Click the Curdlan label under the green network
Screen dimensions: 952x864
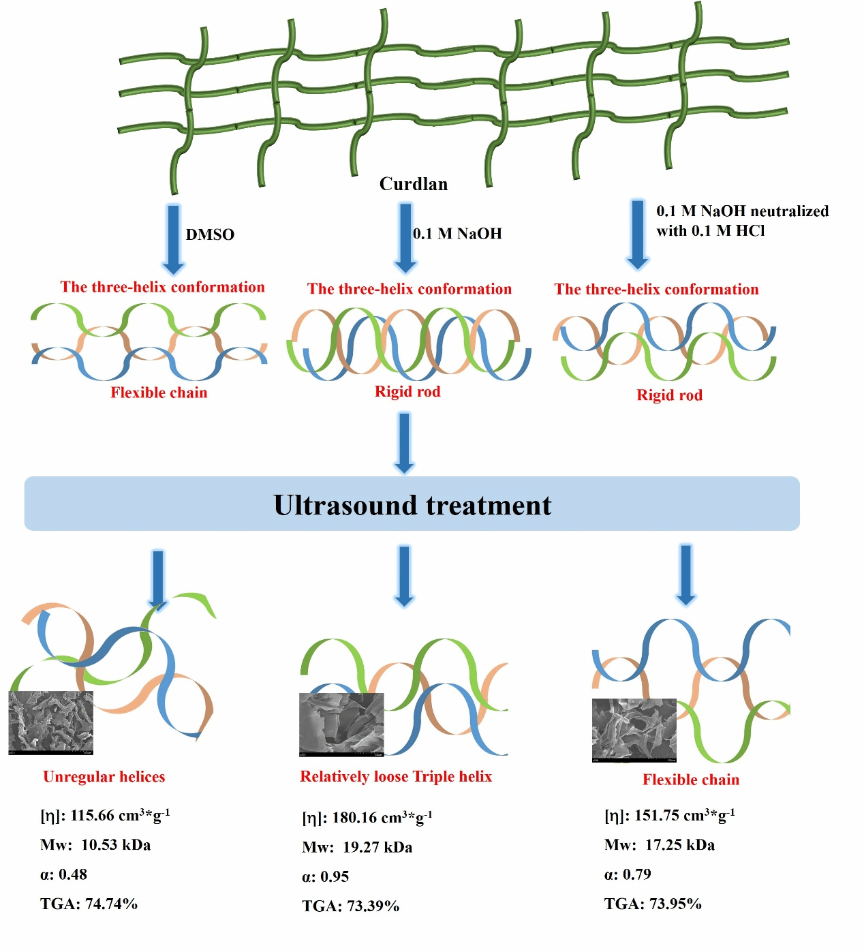[x=413, y=184]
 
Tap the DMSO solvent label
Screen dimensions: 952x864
[x=210, y=234]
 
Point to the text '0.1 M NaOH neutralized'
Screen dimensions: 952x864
[x=742, y=211]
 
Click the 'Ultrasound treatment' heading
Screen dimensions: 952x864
[x=412, y=505]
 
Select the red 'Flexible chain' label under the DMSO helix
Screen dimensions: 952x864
[x=159, y=393]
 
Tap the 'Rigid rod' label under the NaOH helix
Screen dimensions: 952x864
[x=407, y=391]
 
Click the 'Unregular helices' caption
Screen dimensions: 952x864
[x=104, y=777]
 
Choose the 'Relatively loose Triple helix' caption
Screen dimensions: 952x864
[x=396, y=776]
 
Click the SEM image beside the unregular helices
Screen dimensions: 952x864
[x=50, y=723]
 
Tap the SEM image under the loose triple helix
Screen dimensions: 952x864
[x=341, y=724]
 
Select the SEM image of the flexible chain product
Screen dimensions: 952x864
[x=634, y=730]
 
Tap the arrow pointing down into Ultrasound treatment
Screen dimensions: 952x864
[x=404, y=443]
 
